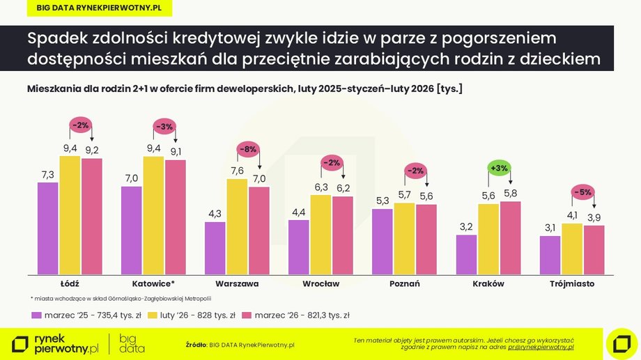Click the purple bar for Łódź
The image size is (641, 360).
click(x=48, y=228)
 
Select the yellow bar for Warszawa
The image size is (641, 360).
click(x=237, y=226)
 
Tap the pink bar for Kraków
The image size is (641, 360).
click(x=509, y=237)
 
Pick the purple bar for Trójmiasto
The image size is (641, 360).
click(x=550, y=255)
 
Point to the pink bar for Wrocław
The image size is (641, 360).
click(x=342, y=235)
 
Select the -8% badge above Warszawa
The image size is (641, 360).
click(x=248, y=148)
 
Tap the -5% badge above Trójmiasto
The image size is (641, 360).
click(x=582, y=192)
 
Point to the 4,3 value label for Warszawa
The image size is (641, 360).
click(x=215, y=213)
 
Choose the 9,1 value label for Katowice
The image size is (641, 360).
click(x=175, y=151)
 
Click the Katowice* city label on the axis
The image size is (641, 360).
click(x=153, y=284)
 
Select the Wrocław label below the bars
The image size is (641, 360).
click(x=320, y=284)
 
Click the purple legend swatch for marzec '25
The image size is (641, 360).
click(x=37, y=315)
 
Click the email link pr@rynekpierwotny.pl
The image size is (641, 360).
click(x=541, y=346)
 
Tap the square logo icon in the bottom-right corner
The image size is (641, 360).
click(x=617, y=341)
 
